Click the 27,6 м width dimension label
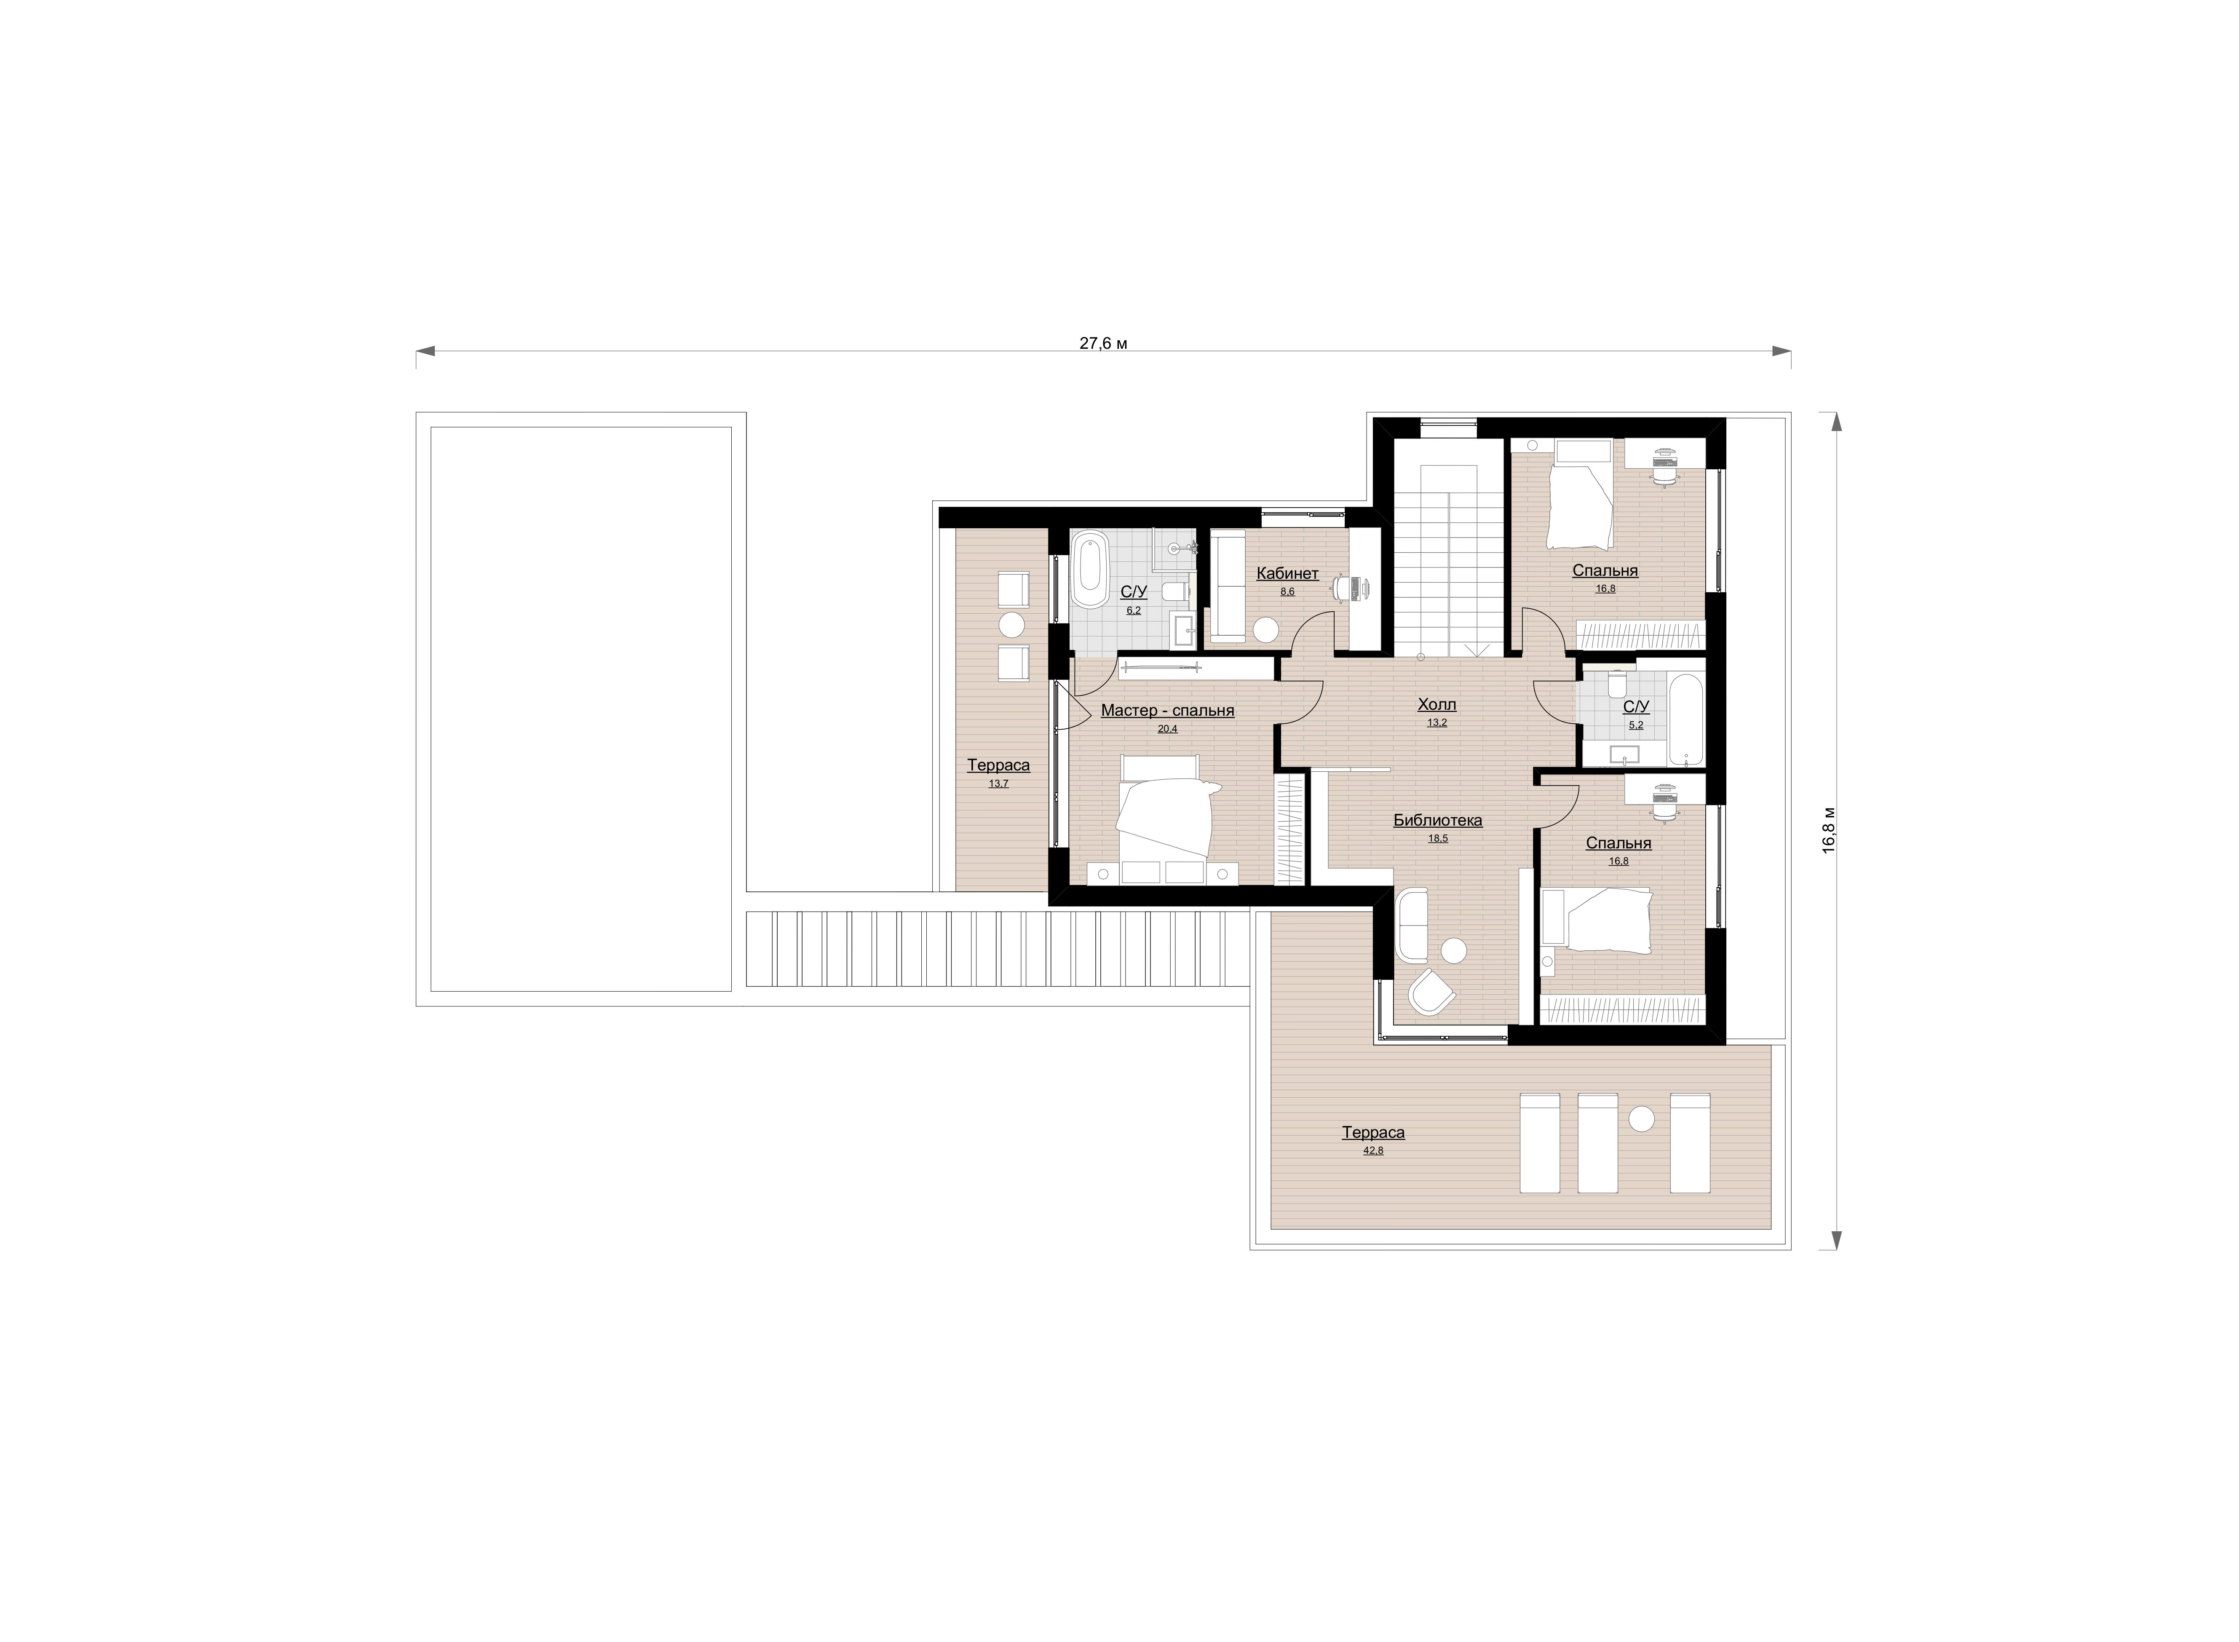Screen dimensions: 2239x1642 (1103, 343)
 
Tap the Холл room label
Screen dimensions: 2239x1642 (1437, 705)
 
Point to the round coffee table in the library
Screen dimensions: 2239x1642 (1454, 950)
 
